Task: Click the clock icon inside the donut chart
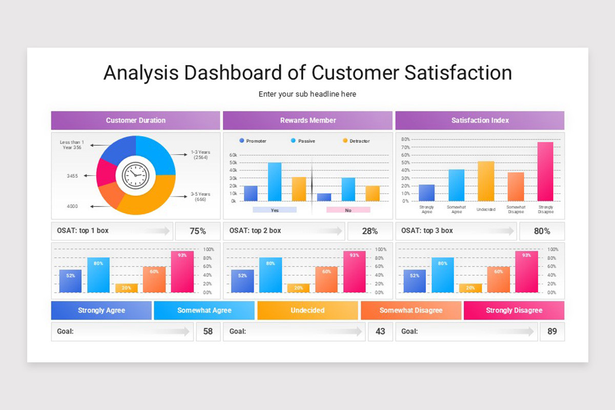tap(136, 175)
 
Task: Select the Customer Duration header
tap(136, 120)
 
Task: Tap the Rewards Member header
tap(308, 120)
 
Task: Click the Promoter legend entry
tap(253, 141)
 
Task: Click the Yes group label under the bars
tap(275, 210)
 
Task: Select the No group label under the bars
tap(348, 210)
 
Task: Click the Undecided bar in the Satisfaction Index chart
tap(486, 181)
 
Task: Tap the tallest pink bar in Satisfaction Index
tap(545, 171)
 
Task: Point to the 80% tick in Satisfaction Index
tap(405, 139)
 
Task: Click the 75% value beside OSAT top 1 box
tap(198, 231)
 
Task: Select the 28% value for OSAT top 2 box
tap(370, 231)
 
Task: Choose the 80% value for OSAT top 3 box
tap(542, 231)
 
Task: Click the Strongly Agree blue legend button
tap(101, 311)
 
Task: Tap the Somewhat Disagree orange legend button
tap(411, 311)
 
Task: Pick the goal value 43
tap(380, 332)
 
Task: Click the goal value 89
tap(552, 332)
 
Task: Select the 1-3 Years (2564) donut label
tap(200, 155)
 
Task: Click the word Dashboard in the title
tap(232, 73)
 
